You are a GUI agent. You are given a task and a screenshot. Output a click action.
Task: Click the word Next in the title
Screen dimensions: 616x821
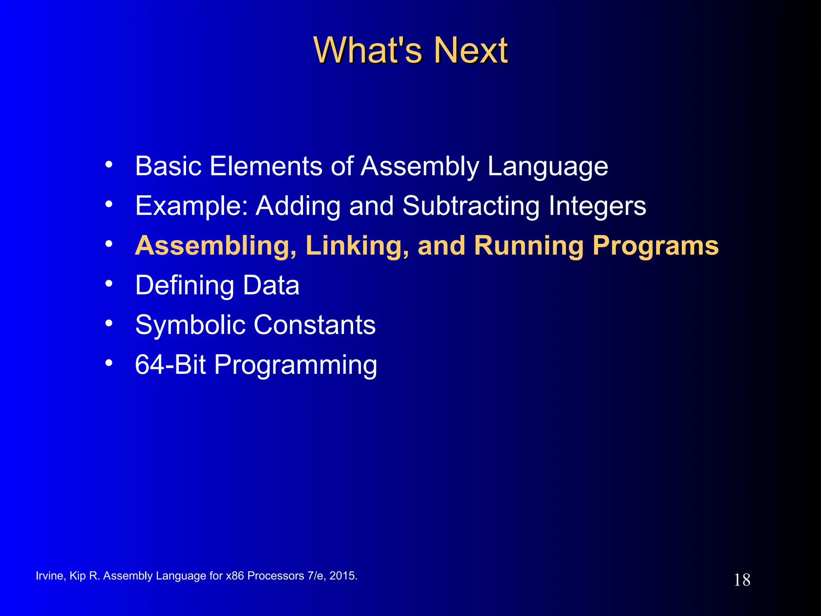[x=471, y=51]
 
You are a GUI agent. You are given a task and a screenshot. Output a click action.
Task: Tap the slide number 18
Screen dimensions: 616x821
[x=742, y=580]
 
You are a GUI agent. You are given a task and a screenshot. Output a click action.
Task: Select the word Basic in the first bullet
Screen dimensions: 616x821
[x=168, y=166]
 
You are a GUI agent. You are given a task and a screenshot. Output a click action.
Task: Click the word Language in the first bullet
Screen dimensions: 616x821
[x=548, y=167]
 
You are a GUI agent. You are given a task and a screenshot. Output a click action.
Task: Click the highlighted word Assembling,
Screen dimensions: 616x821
[x=216, y=246]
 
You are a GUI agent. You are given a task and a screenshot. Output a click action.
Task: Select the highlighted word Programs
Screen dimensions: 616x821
[x=655, y=246]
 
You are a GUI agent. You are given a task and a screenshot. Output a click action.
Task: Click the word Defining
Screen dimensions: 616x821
[x=185, y=286]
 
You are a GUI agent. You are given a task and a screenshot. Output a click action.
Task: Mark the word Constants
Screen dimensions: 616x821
[x=315, y=325]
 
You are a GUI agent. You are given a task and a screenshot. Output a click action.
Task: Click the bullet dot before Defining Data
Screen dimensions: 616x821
[x=109, y=284]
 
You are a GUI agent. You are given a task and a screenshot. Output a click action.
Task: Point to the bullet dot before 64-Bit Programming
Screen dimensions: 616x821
[x=109, y=363]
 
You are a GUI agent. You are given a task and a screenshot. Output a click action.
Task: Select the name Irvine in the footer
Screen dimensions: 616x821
[x=49, y=576]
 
